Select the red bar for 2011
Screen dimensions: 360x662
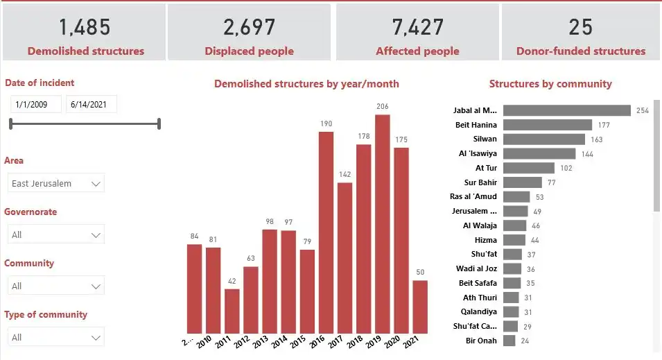tap(232, 311)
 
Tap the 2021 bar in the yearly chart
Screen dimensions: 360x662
tap(420, 307)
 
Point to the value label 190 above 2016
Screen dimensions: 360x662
tap(326, 124)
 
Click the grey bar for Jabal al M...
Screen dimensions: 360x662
tap(566, 110)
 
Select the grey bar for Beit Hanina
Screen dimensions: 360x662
tap(548, 125)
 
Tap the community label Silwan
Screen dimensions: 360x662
tap(484, 139)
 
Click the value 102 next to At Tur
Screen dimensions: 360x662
tap(566, 168)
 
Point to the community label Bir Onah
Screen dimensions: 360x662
tap(480, 341)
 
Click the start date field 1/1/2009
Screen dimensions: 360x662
tap(35, 104)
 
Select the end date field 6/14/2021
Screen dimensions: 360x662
tap(91, 104)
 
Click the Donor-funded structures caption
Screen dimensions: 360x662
tap(581, 51)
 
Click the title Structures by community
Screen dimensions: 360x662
tap(550, 84)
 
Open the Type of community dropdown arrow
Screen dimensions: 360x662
tap(96, 337)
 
